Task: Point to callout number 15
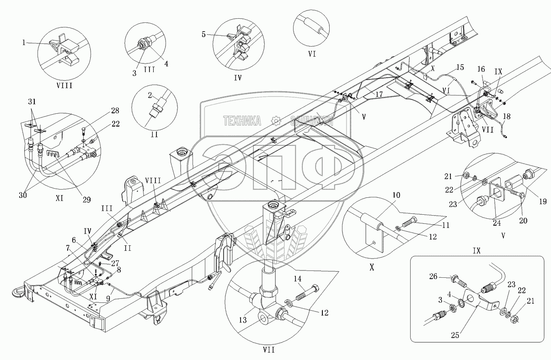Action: pyautogui.click(x=460, y=67)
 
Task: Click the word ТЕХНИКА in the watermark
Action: pyautogui.click(x=242, y=121)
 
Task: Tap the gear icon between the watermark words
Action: pyautogui.click(x=275, y=121)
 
